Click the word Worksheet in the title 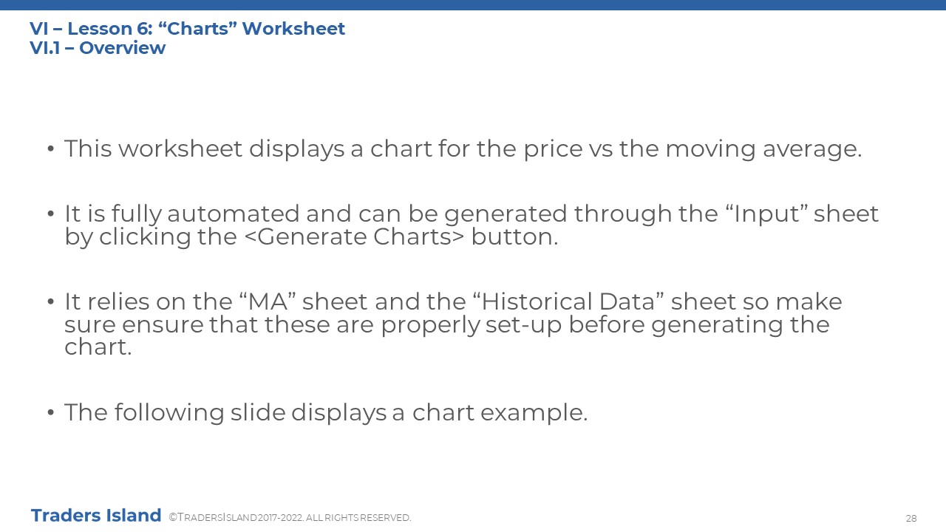[293, 29]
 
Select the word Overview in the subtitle [122, 48]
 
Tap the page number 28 [911, 518]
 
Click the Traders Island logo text [96, 516]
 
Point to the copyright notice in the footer [290, 518]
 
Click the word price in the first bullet [554, 150]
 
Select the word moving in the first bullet [710, 150]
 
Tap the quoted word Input [767, 214]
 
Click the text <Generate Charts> [354, 237]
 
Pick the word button [514, 237]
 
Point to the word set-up [523, 326]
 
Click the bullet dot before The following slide [51, 412]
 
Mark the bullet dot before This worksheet [51, 149]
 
